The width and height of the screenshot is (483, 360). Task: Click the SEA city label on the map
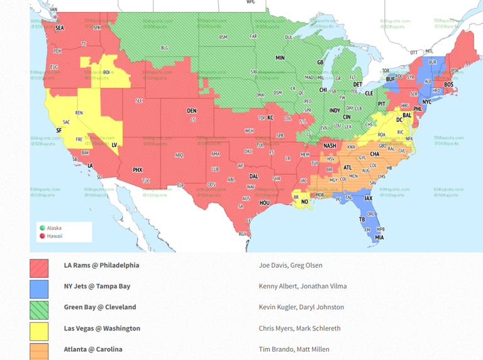(x=60, y=28)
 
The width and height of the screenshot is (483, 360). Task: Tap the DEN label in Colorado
(x=191, y=111)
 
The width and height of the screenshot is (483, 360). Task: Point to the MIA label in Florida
(x=379, y=237)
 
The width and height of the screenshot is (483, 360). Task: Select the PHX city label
(x=137, y=170)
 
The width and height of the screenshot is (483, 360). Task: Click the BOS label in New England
(x=448, y=84)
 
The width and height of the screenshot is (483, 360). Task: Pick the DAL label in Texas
(x=253, y=177)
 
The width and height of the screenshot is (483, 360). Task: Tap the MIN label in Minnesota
(x=280, y=58)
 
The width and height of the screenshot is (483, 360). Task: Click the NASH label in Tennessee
(x=330, y=146)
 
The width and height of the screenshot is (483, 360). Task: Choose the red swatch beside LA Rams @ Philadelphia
(x=39, y=268)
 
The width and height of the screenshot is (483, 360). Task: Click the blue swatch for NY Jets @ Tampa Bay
(x=39, y=289)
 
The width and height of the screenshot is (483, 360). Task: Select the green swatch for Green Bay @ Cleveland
(x=39, y=310)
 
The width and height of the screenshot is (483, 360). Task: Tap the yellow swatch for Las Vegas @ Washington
(x=39, y=331)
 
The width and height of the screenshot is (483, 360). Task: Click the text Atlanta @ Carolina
(x=93, y=349)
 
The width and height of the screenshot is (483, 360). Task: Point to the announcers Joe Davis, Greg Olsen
(x=291, y=265)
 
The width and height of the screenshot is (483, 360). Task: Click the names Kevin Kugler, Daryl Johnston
(x=301, y=307)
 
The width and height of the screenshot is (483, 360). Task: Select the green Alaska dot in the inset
(x=42, y=228)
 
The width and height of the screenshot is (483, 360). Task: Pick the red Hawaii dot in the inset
(x=42, y=236)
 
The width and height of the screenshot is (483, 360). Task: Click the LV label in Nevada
(x=114, y=145)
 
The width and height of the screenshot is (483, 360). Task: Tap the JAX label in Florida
(x=369, y=198)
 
